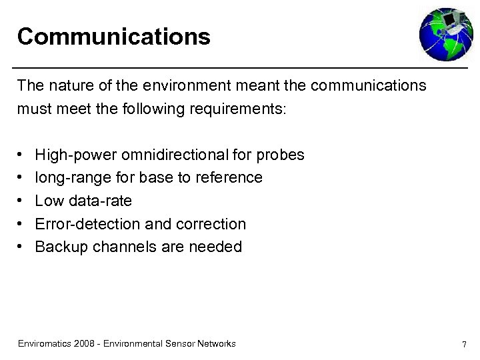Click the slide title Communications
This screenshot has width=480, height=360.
[x=114, y=37]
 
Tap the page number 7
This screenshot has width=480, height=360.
[x=463, y=344]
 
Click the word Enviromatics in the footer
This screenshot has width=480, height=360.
[x=45, y=344]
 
